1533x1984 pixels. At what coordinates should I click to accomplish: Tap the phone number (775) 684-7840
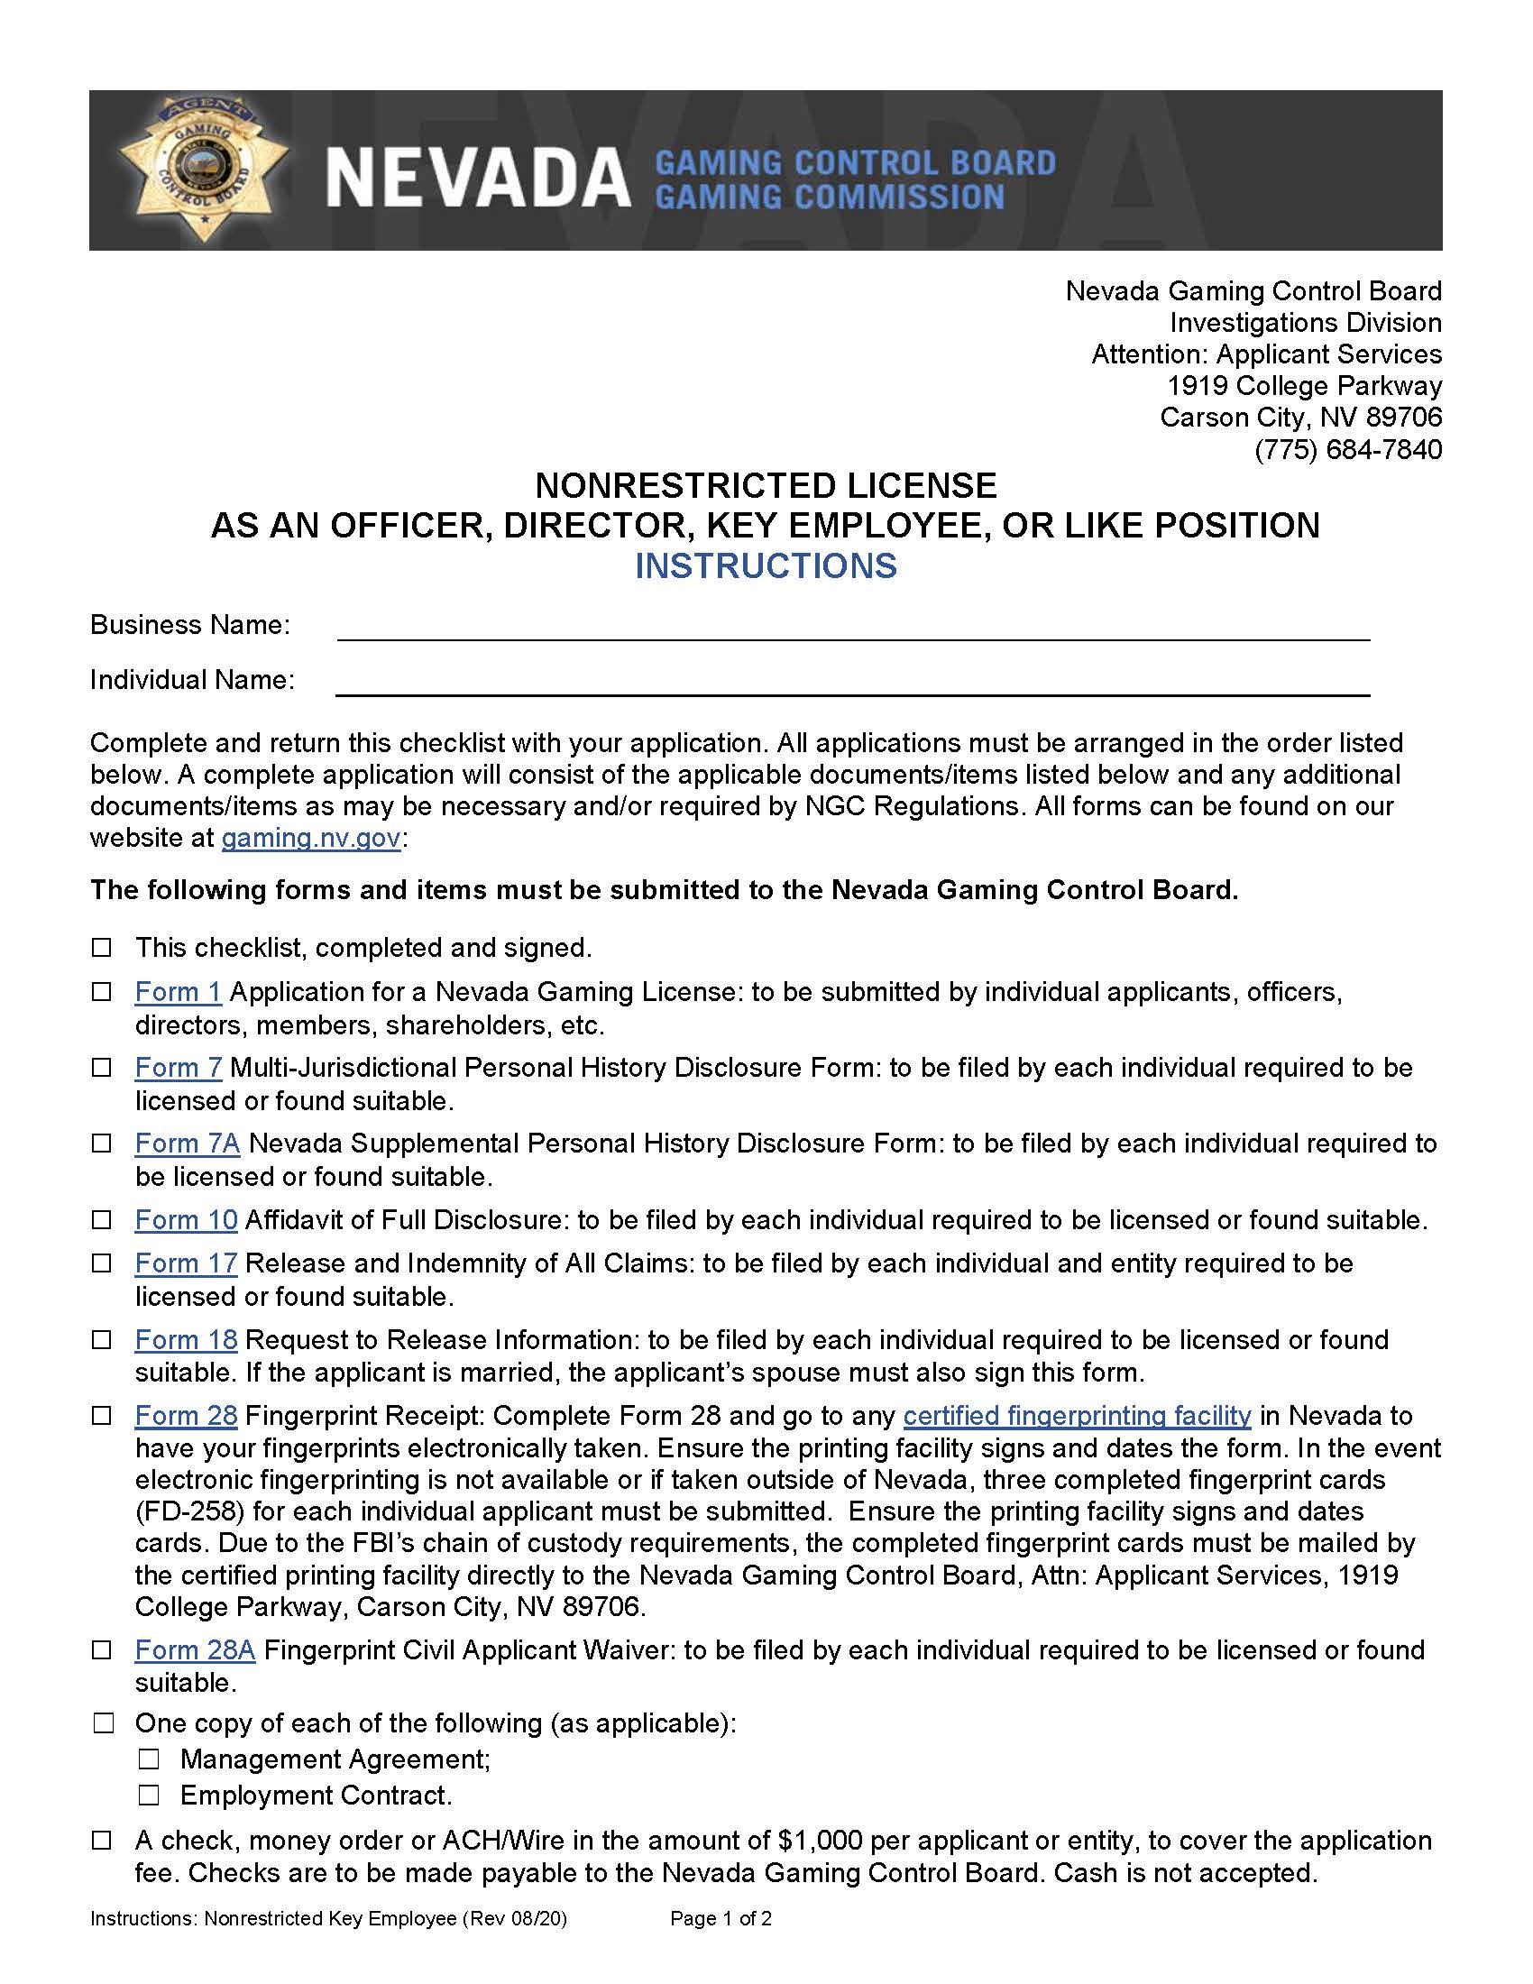1348,450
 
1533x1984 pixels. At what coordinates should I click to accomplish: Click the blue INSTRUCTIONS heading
766,566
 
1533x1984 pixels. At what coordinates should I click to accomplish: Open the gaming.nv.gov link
310,838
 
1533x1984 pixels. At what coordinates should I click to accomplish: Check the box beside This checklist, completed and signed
102,949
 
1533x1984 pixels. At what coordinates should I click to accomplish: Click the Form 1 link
178,992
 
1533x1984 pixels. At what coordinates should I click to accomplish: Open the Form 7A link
187,1144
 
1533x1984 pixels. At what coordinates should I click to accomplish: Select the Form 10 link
186,1220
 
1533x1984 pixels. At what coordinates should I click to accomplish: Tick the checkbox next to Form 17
102,1263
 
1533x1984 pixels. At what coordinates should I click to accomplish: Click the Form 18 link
186,1340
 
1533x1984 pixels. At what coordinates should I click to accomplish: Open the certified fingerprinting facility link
1077,1416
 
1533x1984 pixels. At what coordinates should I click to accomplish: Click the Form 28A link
196,1650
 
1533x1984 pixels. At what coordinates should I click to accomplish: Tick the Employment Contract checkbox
149,1796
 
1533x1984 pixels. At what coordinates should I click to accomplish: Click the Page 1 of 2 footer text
721,1918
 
